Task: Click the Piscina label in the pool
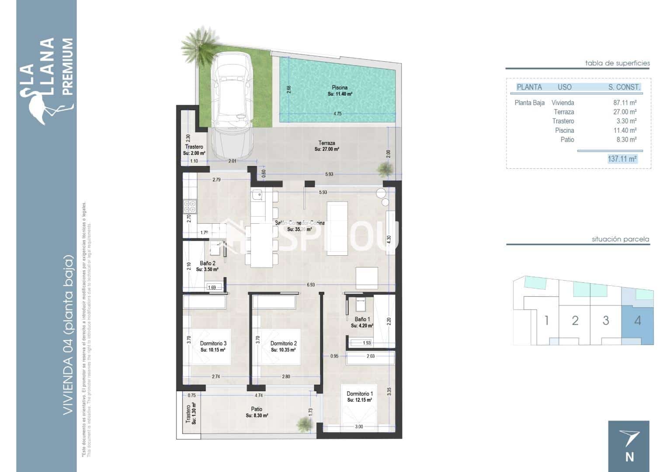pos(340,88)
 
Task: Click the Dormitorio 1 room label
pos(359,394)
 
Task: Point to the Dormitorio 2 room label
pos(283,344)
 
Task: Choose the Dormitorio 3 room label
pos(213,344)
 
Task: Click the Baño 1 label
pos(362,319)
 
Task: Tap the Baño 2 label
pos(207,264)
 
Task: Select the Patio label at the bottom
pos(257,410)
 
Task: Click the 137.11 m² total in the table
pos(622,159)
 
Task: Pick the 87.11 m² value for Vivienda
pos(625,103)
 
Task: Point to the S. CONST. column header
pos(624,87)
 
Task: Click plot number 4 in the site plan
pos(637,321)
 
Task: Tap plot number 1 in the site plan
pos(546,321)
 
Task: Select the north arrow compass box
pos(629,446)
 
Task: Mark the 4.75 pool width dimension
pos(337,114)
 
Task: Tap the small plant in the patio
pos(302,423)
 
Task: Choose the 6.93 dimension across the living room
pos(310,285)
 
